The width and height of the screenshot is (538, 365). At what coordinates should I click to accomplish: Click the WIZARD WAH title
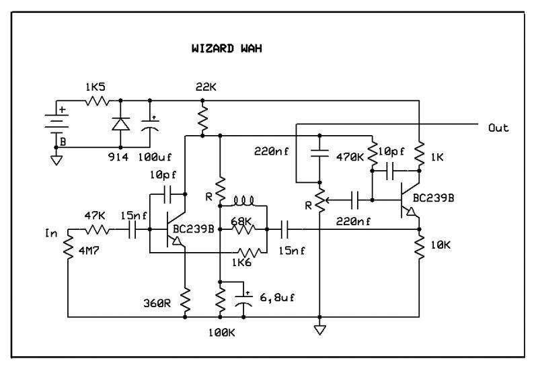pyautogui.click(x=227, y=48)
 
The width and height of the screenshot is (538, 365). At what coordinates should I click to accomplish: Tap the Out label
pyautogui.click(x=498, y=128)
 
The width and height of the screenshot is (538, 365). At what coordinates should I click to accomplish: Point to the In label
pyautogui.click(x=51, y=233)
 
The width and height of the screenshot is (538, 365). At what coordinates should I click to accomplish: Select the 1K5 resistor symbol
pyautogui.click(x=97, y=101)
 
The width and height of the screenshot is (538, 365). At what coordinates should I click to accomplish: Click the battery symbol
pyautogui.click(x=56, y=124)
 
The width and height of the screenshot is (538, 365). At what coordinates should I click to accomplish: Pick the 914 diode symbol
pyautogui.click(x=120, y=124)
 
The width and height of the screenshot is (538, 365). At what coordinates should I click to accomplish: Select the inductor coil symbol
pyautogui.click(x=243, y=201)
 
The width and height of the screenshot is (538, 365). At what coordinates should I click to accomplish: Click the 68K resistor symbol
pyautogui.click(x=243, y=229)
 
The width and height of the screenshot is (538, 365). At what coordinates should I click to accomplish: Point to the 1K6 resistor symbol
pyautogui.click(x=249, y=253)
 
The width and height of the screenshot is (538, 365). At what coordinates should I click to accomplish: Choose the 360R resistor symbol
pyautogui.click(x=186, y=299)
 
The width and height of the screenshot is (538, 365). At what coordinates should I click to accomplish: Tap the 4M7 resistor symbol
pyautogui.click(x=68, y=246)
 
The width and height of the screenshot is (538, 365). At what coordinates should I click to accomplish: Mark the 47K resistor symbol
pyautogui.click(x=98, y=229)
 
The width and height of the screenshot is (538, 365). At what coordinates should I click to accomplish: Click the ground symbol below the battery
pyautogui.click(x=56, y=160)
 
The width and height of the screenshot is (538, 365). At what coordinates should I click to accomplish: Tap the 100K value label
pyautogui.click(x=222, y=333)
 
